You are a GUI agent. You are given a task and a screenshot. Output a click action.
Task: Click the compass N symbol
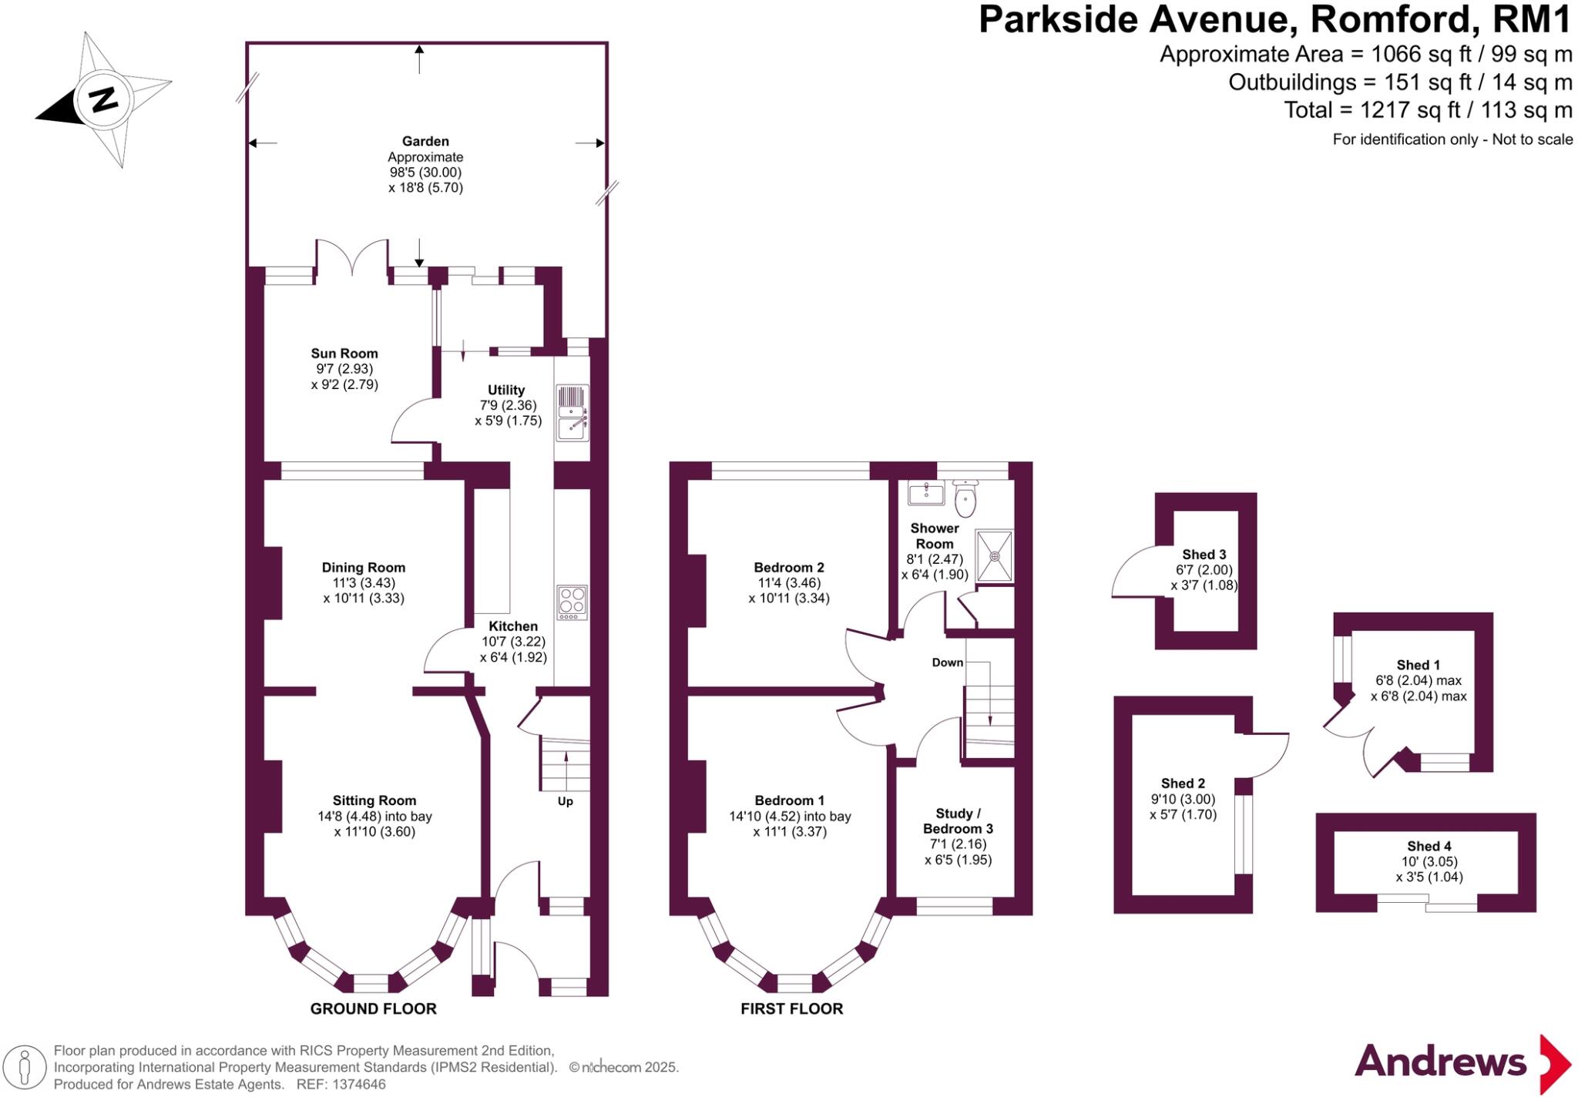pyautogui.click(x=102, y=99)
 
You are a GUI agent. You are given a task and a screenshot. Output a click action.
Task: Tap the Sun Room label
pyautogui.click(x=344, y=354)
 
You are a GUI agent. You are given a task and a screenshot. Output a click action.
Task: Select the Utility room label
pyautogui.click(x=506, y=390)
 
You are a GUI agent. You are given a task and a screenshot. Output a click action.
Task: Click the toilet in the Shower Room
pyautogui.click(x=965, y=499)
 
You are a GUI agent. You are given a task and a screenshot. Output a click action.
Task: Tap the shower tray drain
pyautogui.click(x=995, y=555)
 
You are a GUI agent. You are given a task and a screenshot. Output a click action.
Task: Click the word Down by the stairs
pyautogui.click(x=948, y=663)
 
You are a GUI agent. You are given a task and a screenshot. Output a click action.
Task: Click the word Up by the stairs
pyautogui.click(x=566, y=801)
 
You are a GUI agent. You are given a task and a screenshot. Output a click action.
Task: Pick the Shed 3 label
pyautogui.click(x=1204, y=555)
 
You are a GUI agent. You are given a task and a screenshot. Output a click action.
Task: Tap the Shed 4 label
pyautogui.click(x=1429, y=846)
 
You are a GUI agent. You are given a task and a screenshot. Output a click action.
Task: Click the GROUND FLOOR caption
pyautogui.click(x=374, y=1008)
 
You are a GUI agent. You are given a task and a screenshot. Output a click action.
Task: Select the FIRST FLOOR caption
pyautogui.click(x=792, y=1008)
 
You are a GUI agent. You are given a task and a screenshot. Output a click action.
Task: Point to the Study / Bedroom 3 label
pyautogui.click(x=958, y=821)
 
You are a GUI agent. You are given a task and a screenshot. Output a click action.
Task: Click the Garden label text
pyautogui.click(x=425, y=141)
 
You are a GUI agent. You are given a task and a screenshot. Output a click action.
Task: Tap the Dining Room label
pyautogui.click(x=364, y=568)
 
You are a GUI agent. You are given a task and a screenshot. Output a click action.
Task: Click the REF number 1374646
pyautogui.click(x=358, y=1085)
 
